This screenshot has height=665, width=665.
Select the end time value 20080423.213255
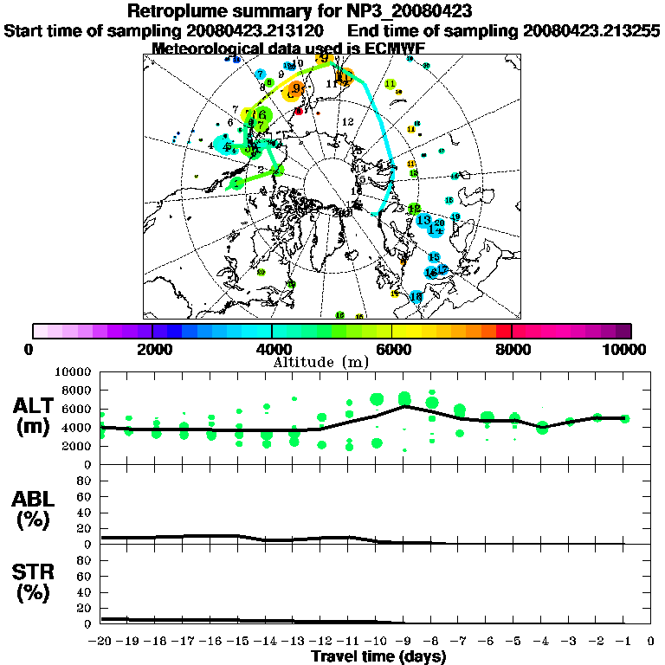pyautogui.click(x=591, y=30)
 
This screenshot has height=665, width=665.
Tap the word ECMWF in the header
pyautogui.click(x=396, y=48)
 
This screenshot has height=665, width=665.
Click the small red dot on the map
pyautogui.click(x=299, y=112)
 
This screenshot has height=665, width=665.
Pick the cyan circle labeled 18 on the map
pyautogui.click(x=416, y=297)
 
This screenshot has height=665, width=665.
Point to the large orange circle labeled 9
pyautogui.click(x=296, y=89)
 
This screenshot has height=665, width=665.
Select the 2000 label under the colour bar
pyautogui.click(x=152, y=349)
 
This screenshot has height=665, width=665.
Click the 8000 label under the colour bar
pyautogui.click(x=511, y=349)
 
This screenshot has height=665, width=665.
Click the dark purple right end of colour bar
pyautogui.click(x=623, y=331)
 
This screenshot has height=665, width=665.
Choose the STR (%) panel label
pyautogui.click(x=35, y=582)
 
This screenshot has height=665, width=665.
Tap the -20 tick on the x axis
pyautogui.click(x=102, y=641)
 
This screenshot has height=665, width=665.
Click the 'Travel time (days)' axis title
pyautogui.click(x=378, y=656)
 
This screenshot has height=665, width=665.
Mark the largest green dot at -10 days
pyautogui.click(x=377, y=399)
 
